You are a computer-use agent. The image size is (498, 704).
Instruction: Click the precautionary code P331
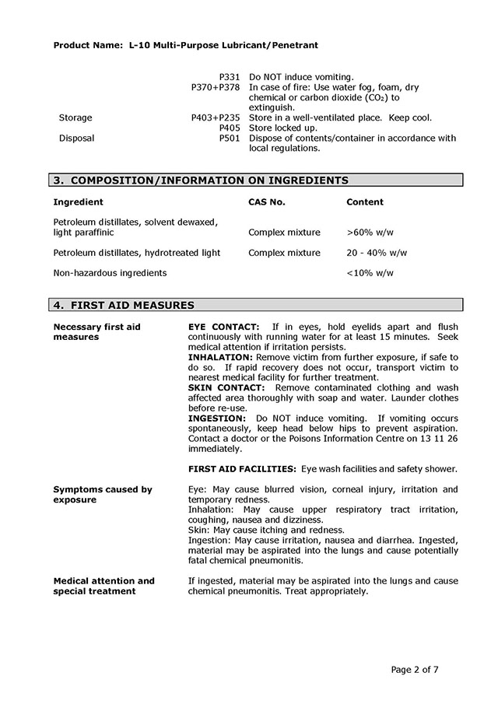click(230, 77)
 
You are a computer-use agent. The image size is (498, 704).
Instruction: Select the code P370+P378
click(216, 88)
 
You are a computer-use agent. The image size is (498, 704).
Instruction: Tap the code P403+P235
click(216, 118)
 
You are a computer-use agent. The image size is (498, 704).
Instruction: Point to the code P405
click(230, 128)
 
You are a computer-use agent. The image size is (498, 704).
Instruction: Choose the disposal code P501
click(230, 138)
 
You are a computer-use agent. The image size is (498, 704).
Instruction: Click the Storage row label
click(75, 118)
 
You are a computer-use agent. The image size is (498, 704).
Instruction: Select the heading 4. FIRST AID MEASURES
click(124, 305)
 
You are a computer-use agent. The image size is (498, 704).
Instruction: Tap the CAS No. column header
click(267, 202)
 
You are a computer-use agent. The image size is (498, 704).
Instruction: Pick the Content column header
click(365, 202)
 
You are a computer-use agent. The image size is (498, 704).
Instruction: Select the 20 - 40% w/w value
click(377, 253)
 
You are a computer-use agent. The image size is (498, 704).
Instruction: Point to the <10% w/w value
click(370, 273)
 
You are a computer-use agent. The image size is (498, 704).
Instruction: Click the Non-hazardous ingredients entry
click(110, 273)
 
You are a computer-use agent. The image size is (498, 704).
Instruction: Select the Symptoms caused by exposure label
click(103, 495)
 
